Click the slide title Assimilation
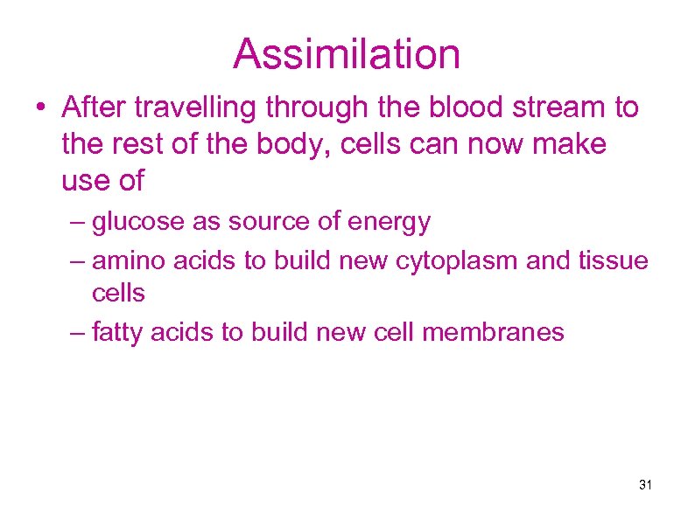tap(347, 54)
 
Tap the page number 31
tap(647, 484)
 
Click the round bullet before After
tap(41, 109)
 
